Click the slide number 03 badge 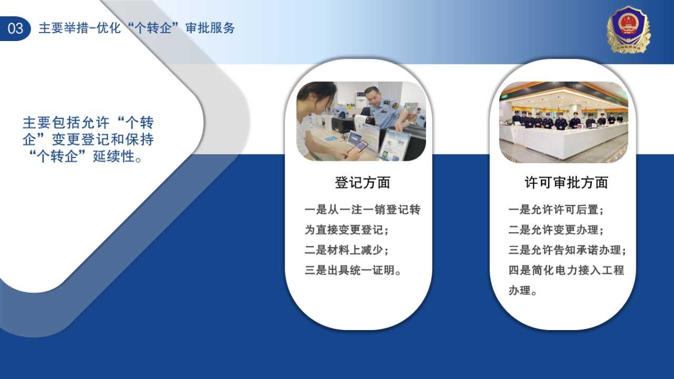click(x=15, y=28)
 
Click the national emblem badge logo click(x=628, y=30)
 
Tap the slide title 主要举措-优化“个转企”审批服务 click(x=137, y=28)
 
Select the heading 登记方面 click(x=363, y=182)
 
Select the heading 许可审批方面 click(x=566, y=182)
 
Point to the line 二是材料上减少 click(x=346, y=250)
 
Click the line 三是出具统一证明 click(x=353, y=270)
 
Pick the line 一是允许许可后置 click(x=555, y=210)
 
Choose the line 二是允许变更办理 click(x=555, y=230)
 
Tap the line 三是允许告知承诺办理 click(x=567, y=250)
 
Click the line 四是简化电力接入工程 click(x=566, y=270)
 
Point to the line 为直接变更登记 click(x=346, y=230)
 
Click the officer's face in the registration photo click(x=372, y=98)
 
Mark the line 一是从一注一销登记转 click(x=363, y=210)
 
